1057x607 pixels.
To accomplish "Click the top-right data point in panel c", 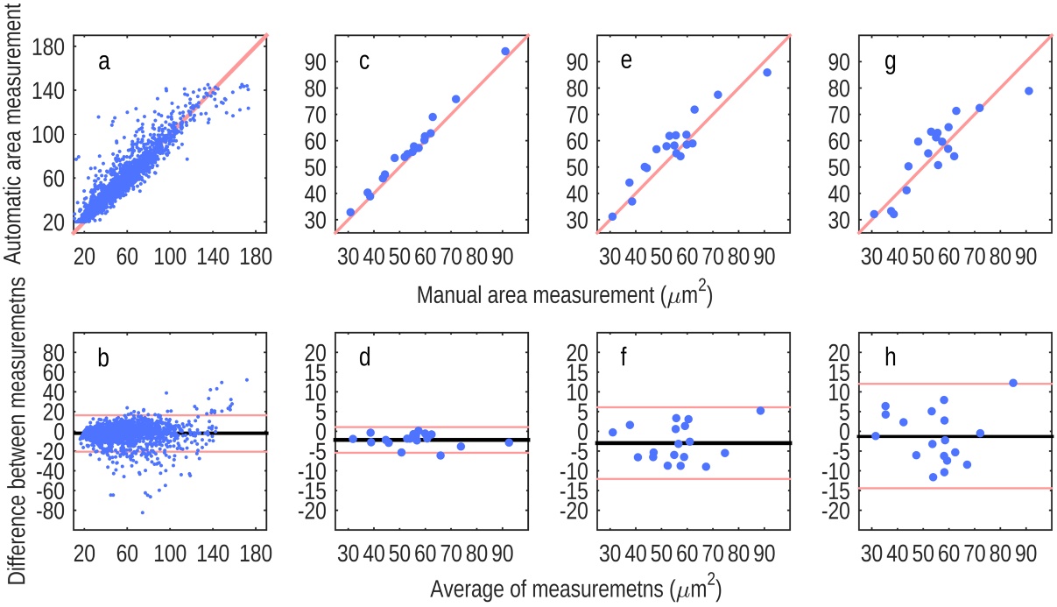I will (x=505, y=52).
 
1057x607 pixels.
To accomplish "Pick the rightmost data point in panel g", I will (x=1029, y=91).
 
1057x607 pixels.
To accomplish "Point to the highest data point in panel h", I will (x=1013, y=383).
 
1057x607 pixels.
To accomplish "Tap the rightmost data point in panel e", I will (x=767, y=73).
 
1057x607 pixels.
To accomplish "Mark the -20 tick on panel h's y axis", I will (x=837, y=512).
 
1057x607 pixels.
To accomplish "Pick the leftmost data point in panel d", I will (x=353, y=439).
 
